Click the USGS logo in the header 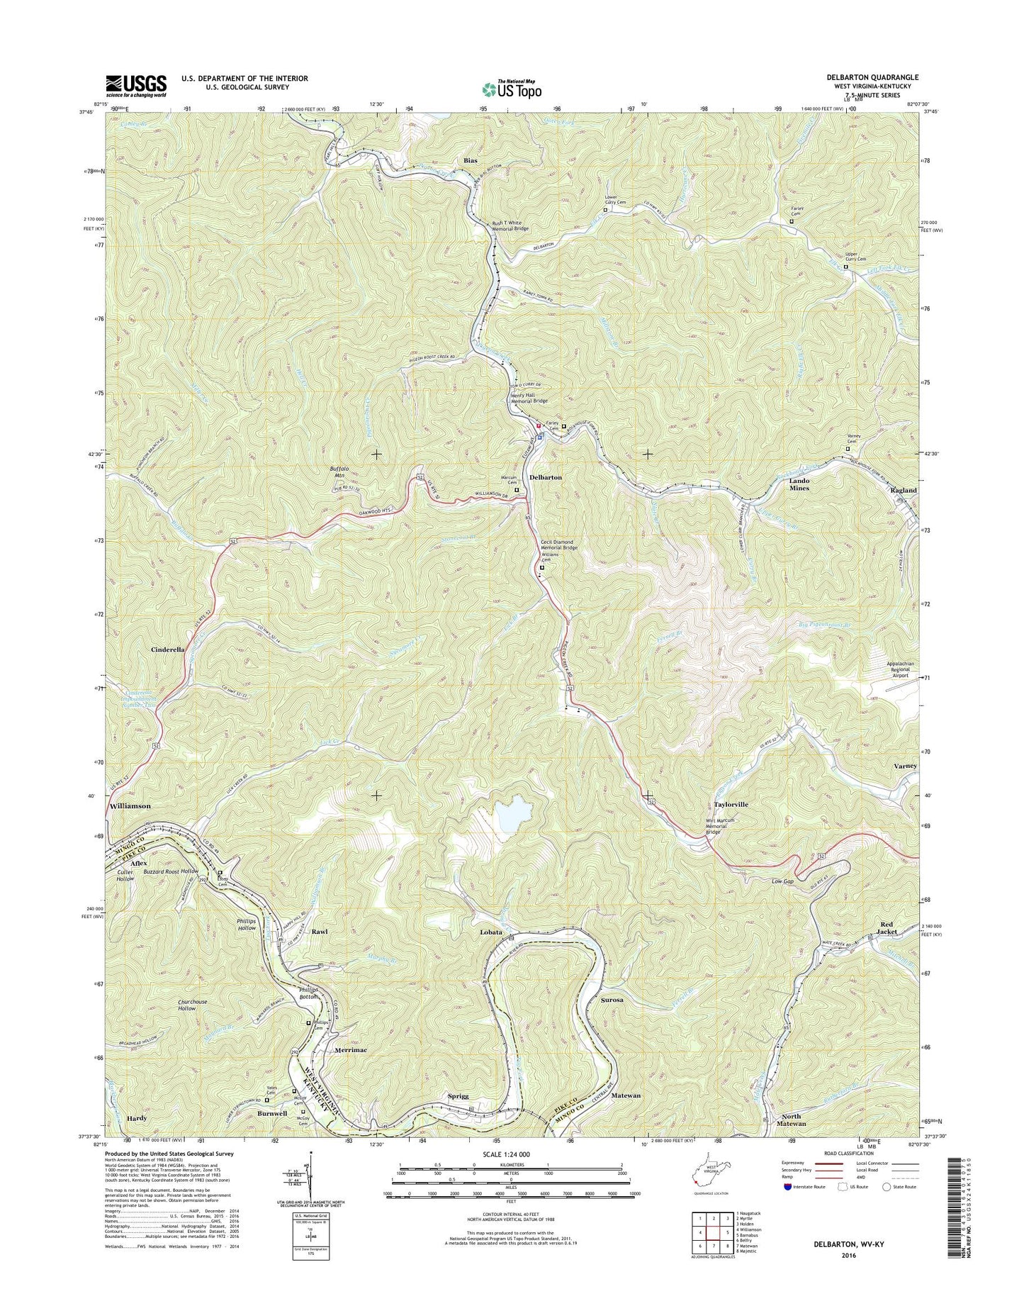[x=136, y=86]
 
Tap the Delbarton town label [x=545, y=477]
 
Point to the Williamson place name [x=130, y=806]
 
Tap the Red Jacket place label [x=888, y=927]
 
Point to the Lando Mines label [x=799, y=484]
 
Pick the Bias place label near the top [x=470, y=161]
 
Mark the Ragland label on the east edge [x=904, y=490]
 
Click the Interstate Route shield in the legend [x=788, y=1187]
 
